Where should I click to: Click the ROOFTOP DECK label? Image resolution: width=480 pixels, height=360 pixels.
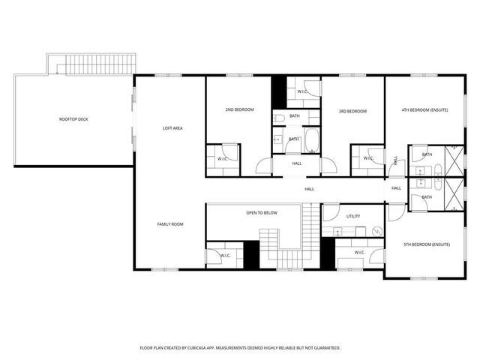73,119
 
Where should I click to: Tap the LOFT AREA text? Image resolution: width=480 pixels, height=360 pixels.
173,128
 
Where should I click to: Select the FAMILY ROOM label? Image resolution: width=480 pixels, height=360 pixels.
170,224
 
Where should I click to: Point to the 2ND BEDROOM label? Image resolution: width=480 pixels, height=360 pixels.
239,110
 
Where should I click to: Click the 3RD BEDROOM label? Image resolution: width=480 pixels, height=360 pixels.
352,112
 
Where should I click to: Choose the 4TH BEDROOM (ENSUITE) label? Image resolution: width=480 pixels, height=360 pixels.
424,110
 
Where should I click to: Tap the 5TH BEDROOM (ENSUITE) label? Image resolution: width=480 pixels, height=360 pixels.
426,244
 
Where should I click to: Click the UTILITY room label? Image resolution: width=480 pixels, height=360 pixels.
353,216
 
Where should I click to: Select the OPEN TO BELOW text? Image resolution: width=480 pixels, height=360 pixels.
262,213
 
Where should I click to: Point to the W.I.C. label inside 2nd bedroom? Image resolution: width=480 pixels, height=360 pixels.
223,159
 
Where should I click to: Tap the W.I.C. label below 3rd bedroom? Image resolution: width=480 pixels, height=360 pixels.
368,159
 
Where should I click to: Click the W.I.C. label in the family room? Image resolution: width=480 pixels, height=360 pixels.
224,256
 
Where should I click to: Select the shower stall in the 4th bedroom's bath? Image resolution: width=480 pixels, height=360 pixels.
453,160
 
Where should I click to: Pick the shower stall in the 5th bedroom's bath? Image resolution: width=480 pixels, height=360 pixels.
453,193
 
